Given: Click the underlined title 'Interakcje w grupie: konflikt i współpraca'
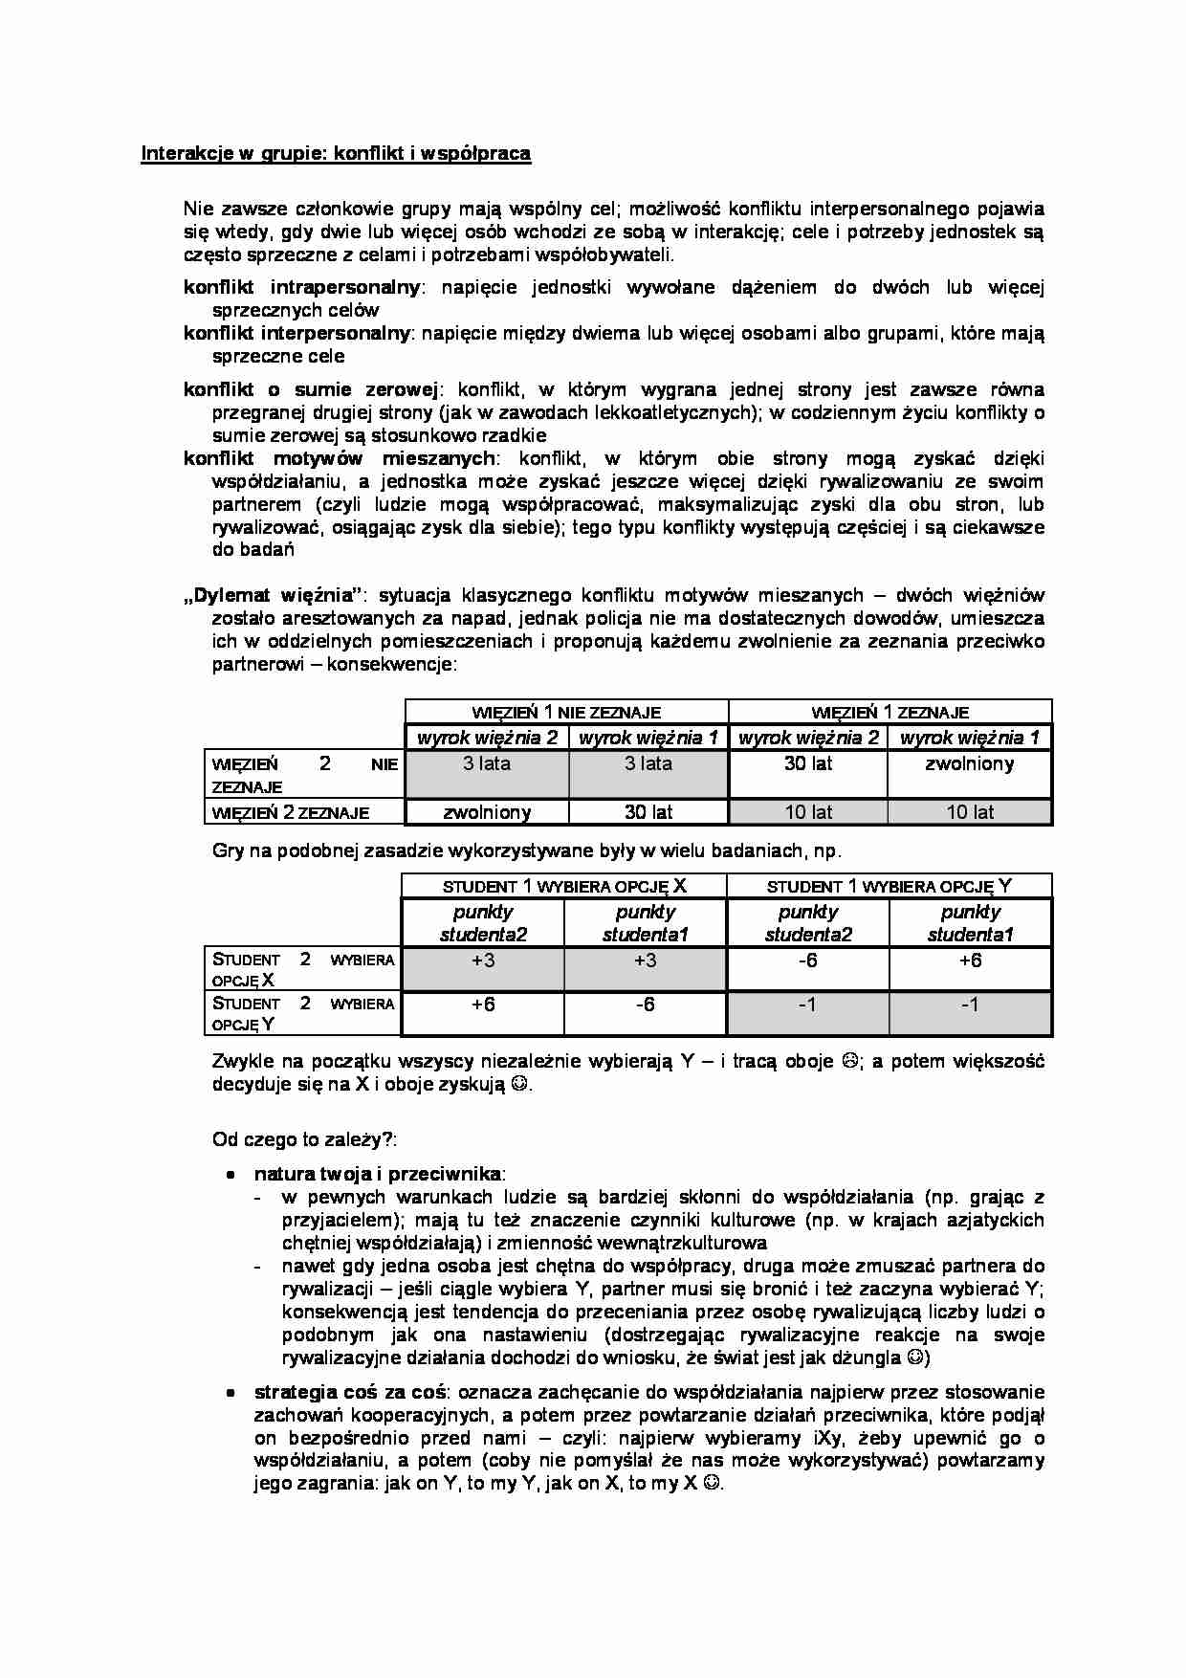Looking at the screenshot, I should pos(336,153).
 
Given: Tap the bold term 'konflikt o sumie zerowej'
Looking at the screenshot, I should pos(310,389).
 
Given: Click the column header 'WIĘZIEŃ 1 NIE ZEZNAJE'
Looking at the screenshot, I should pos(566,712).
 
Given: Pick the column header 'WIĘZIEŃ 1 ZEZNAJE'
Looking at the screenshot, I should pos(889,712).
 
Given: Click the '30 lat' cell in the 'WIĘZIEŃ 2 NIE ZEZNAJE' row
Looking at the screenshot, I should pos(808,764).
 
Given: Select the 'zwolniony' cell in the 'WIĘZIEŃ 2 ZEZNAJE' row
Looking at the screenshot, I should pos(487,812).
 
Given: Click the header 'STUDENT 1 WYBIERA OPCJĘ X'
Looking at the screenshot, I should pos(563,886).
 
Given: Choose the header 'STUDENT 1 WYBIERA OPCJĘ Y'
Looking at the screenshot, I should pos(889,886).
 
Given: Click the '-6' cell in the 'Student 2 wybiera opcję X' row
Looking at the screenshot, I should pos(808,960).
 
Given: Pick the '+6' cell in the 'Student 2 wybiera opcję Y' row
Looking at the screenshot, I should pos(483,1005).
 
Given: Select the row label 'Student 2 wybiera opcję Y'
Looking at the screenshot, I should pos(302,1013).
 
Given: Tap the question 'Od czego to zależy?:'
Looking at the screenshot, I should pos(304,1139).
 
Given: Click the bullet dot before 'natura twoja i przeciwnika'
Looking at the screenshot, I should pos(231,1175).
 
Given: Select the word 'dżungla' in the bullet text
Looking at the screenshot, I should pos(869,1358).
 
